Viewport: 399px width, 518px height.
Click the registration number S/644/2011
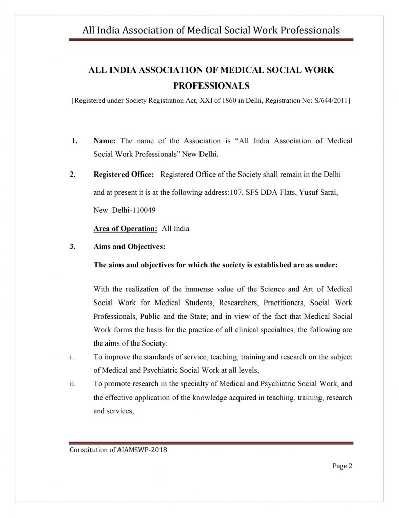click(331, 100)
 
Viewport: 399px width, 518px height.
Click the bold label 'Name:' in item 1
click(105, 140)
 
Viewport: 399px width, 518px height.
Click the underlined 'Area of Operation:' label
click(126, 228)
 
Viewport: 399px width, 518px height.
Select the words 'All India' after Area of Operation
click(175, 228)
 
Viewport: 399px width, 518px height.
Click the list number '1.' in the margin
click(74, 140)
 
